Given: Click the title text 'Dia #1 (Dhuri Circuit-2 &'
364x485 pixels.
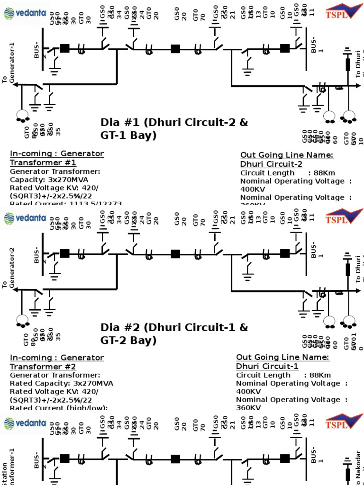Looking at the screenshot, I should tap(174, 123).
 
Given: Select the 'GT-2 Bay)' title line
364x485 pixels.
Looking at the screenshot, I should tap(128, 341).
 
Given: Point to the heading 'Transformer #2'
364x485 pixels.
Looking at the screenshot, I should tap(43, 367).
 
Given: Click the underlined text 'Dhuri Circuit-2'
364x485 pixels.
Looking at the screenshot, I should tap(272, 164).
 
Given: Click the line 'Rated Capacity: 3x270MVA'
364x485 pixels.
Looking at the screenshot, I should tap(62, 383).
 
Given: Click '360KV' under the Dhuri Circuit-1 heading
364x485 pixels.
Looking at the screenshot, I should tap(248, 408).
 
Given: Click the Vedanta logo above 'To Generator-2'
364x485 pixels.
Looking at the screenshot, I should tap(25, 218).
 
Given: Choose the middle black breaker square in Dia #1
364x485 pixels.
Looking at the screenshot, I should tap(175, 48).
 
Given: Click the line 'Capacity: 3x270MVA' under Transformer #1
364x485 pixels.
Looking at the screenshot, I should tap(49, 180).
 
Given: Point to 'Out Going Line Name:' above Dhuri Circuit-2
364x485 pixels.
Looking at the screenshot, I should tap(287, 155).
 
